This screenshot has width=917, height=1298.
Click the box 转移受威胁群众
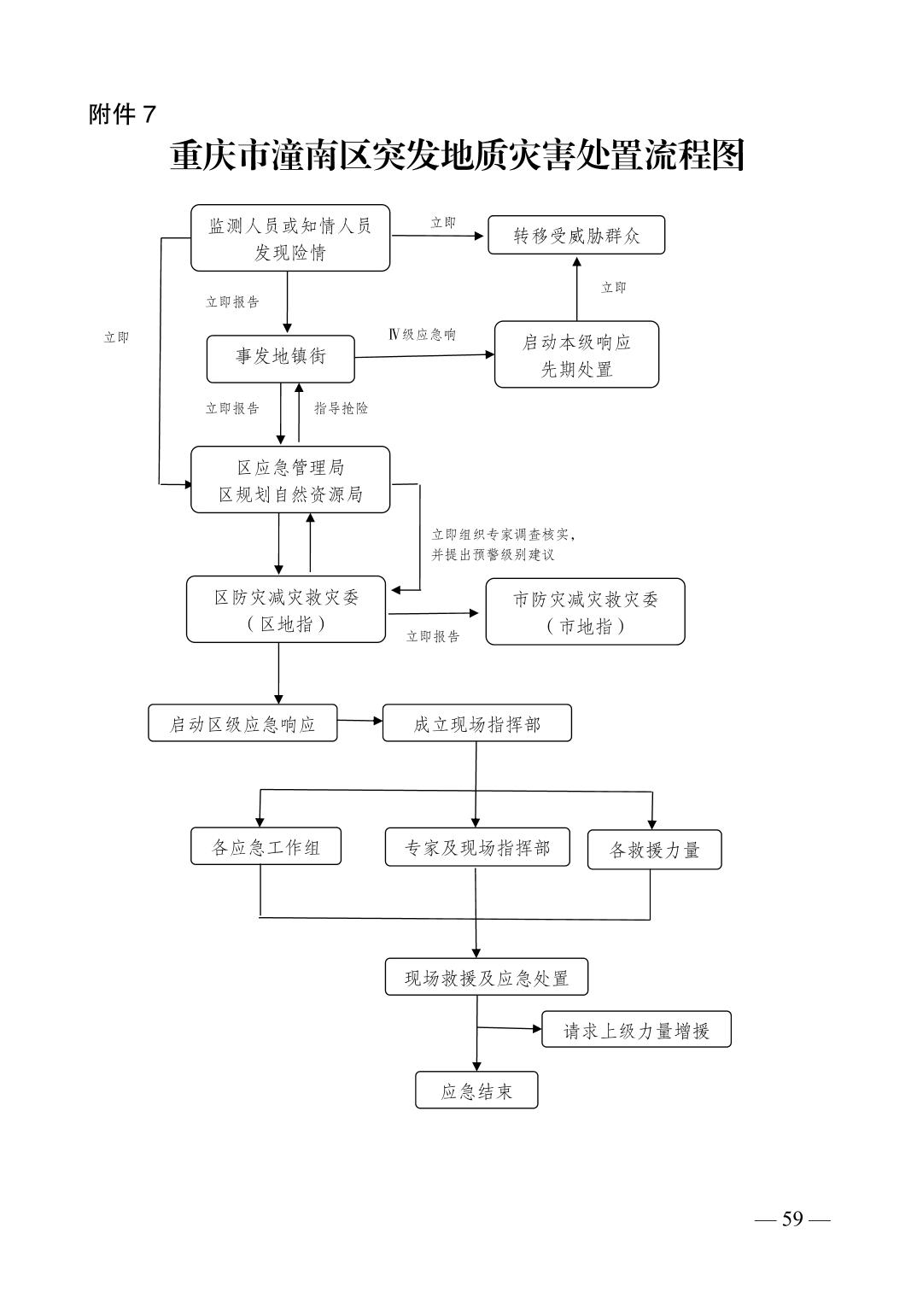(576, 235)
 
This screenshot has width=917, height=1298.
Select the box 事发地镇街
(280, 359)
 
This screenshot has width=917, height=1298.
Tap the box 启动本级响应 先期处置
(576, 354)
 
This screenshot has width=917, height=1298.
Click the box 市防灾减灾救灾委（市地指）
(585, 611)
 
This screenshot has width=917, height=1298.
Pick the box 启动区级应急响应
(242, 722)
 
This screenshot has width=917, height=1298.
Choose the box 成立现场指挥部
(476, 722)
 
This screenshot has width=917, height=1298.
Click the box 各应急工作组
(266, 846)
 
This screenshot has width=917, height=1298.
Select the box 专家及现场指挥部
(477, 847)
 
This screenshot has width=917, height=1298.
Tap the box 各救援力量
(655, 850)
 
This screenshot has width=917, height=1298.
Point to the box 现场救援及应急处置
(487, 977)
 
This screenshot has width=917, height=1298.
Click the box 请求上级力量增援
(636, 1029)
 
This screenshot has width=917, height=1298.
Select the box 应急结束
(476, 1090)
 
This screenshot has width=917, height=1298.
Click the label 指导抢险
(341, 408)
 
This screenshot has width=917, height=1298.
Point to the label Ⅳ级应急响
(423, 335)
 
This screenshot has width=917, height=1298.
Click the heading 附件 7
(122, 114)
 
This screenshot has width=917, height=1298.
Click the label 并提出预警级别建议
(493, 554)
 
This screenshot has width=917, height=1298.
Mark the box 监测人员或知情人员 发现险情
(290, 237)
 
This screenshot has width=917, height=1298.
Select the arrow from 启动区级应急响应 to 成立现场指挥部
(359, 721)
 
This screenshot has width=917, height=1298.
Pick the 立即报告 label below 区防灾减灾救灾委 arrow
(433, 636)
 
